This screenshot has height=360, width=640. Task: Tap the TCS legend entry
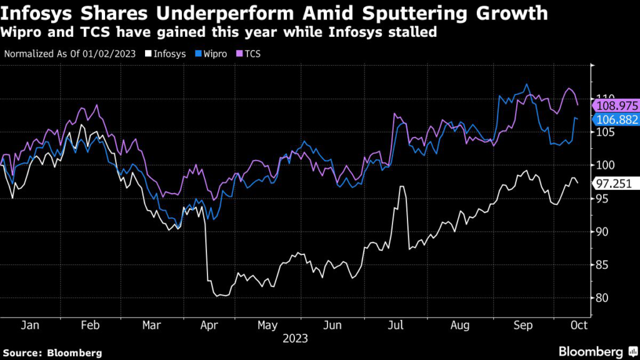pyautogui.click(x=249, y=54)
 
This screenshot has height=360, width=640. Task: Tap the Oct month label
pyautogui.click(x=579, y=326)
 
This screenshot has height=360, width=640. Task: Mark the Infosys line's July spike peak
pyautogui.click(x=402, y=187)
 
